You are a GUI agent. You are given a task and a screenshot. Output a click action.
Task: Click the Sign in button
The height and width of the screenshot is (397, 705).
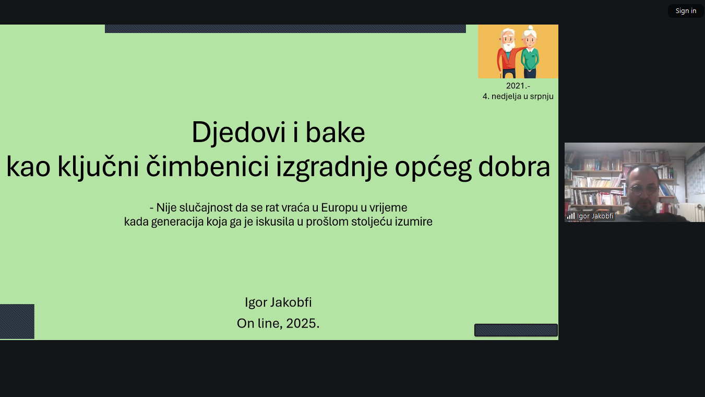(x=686, y=11)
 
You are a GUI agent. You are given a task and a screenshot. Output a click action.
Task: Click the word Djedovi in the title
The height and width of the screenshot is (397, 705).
(x=238, y=132)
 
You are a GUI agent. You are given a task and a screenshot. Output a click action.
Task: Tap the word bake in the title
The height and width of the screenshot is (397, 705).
(x=335, y=132)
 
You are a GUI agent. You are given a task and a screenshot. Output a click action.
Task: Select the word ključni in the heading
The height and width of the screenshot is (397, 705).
(x=98, y=167)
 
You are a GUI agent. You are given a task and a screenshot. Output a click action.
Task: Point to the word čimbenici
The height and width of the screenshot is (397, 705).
(x=207, y=166)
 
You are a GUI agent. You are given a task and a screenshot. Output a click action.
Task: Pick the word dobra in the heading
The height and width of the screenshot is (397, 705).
(x=514, y=166)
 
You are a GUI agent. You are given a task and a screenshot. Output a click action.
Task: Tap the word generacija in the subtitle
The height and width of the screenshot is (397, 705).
(x=177, y=222)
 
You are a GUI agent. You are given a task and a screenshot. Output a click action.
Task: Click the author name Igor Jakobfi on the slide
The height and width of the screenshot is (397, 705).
(x=278, y=302)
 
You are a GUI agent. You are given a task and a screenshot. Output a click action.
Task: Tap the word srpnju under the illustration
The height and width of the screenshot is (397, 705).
(x=542, y=97)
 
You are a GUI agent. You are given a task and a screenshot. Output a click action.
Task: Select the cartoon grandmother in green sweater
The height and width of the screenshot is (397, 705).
(x=530, y=52)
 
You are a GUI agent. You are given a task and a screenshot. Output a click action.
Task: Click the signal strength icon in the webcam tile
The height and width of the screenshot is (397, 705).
(x=570, y=216)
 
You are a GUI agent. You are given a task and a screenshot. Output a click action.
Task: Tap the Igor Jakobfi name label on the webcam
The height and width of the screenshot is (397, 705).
(x=595, y=216)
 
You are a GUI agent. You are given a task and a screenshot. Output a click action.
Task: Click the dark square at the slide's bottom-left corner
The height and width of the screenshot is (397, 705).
(x=17, y=321)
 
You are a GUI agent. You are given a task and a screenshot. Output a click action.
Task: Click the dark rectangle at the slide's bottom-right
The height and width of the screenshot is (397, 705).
(x=516, y=330)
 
